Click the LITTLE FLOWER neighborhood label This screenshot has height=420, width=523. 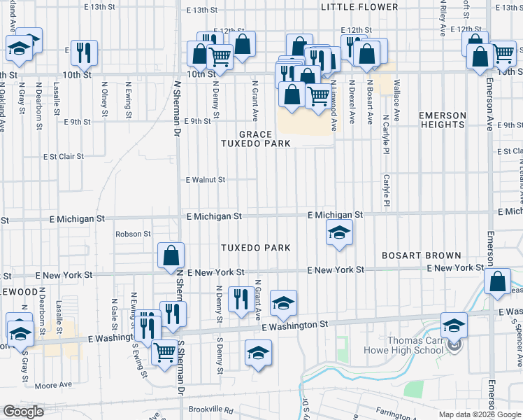359,7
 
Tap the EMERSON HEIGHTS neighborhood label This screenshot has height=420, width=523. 442,120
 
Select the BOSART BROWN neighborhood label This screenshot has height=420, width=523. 421,255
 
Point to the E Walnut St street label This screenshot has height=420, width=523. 205,180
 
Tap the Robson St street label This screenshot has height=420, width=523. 133,234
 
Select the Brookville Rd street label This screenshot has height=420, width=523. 210,409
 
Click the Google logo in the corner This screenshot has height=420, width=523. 24,412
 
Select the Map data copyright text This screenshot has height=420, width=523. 480,414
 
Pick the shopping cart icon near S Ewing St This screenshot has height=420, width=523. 164,351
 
